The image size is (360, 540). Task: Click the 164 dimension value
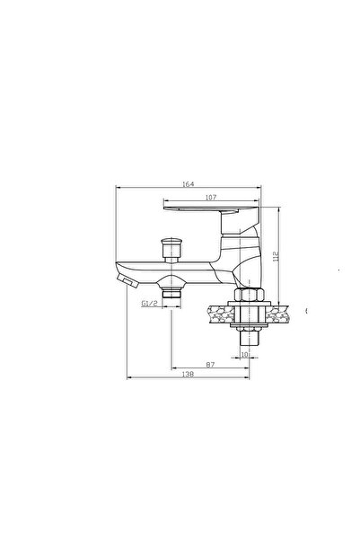189,184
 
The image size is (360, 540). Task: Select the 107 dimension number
211,198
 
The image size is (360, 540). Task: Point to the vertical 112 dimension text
276,256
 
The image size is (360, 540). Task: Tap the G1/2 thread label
149,304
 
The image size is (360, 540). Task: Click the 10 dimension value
244,354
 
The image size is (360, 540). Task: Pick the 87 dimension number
210,365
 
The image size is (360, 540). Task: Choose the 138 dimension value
188,374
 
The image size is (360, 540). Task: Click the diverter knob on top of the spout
171,250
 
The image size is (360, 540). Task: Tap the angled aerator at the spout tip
127,280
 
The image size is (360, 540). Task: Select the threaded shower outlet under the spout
171,294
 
